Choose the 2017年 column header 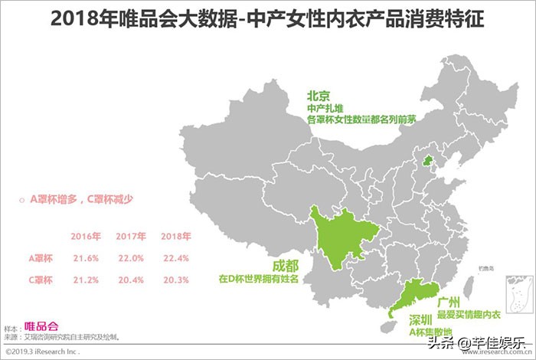(130, 235)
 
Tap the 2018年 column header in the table (175, 235)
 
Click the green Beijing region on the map (428, 161)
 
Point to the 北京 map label (318, 97)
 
